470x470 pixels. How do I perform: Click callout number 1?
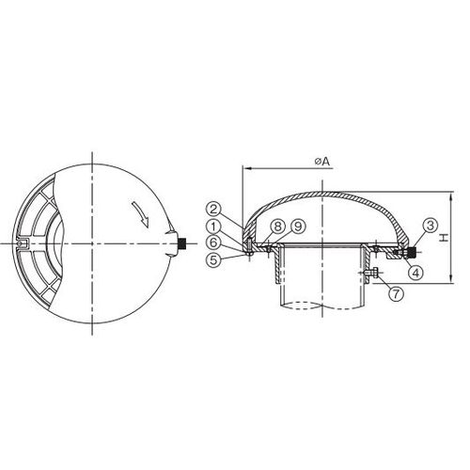click(x=213, y=227)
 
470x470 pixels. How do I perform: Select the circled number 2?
click(x=213, y=210)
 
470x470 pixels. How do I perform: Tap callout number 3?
click(x=431, y=226)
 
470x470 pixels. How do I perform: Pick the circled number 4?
click(x=415, y=273)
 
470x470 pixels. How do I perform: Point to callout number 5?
click(x=213, y=259)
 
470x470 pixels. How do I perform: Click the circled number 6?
click(x=213, y=243)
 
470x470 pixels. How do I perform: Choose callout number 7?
click(x=397, y=294)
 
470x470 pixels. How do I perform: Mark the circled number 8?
click(x=277, y=227)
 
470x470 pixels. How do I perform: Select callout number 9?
click(x=298, y=227)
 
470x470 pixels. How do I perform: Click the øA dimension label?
click(x=322, y=162)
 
